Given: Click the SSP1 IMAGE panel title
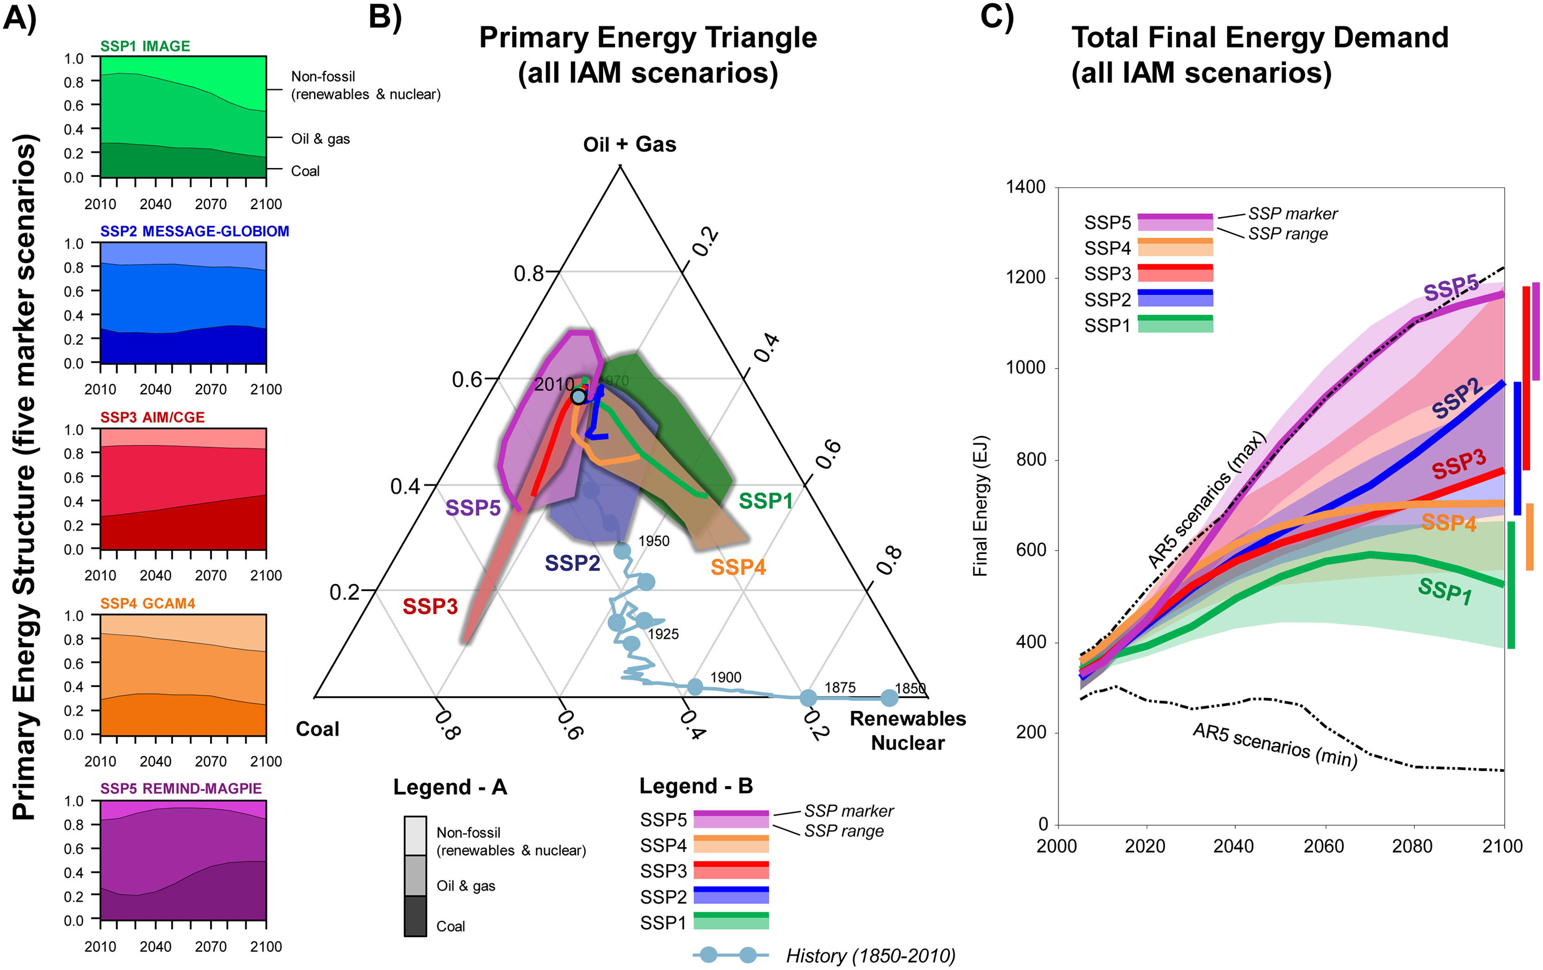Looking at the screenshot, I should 145,46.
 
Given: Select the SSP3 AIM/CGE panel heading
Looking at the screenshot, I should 152,417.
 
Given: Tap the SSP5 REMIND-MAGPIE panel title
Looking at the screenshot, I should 181,788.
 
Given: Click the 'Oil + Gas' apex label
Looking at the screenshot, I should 629,145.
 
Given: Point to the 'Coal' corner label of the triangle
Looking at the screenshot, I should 317,729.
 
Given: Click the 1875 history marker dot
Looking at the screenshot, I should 809,697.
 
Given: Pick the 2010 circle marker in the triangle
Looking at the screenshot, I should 578,397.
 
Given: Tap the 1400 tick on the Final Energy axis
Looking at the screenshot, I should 1025,187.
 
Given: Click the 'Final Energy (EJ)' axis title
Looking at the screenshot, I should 981,506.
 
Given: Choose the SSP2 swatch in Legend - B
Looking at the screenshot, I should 731,895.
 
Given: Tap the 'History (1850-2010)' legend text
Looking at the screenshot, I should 870,955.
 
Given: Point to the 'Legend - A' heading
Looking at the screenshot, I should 450,787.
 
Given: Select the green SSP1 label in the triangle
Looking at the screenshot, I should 765,501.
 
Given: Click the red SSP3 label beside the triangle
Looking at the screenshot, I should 430,606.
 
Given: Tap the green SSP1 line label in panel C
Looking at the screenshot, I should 1445,590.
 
